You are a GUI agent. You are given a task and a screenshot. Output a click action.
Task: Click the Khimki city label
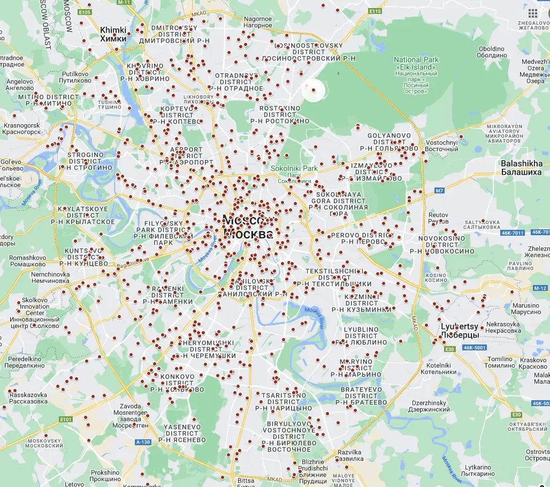(x=113, y=34)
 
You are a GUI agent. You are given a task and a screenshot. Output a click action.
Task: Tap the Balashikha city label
(x=521, y=168)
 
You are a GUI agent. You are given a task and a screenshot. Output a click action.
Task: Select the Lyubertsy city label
(x=460, y=330)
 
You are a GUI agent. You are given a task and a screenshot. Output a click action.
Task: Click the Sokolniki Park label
(x=294, y=168)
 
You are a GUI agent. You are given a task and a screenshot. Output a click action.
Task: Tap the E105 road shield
(x=85, y=11)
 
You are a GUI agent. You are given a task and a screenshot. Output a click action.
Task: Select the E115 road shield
(x=375, y=11)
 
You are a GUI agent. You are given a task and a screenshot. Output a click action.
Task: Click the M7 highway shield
(x=439, y=190)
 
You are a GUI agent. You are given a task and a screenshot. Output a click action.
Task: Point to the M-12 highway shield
(x=539, y=288)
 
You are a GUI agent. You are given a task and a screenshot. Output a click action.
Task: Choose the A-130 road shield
(x=143, y=442)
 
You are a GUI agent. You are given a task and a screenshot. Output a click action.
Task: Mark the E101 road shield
(x=66, y=419)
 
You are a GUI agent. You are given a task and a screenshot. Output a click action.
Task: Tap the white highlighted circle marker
(x=314, y=90)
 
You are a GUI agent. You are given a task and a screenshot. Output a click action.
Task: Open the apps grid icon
(x=532, y=13)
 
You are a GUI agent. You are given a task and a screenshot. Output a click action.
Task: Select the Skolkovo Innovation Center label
(x=35, y=313)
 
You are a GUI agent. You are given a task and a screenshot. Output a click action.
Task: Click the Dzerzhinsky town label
(x=431, y=406)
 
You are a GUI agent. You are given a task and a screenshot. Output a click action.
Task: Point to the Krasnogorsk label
(x=22, y=128)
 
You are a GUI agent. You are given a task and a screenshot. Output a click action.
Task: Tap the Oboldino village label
(x=491, y=52)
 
